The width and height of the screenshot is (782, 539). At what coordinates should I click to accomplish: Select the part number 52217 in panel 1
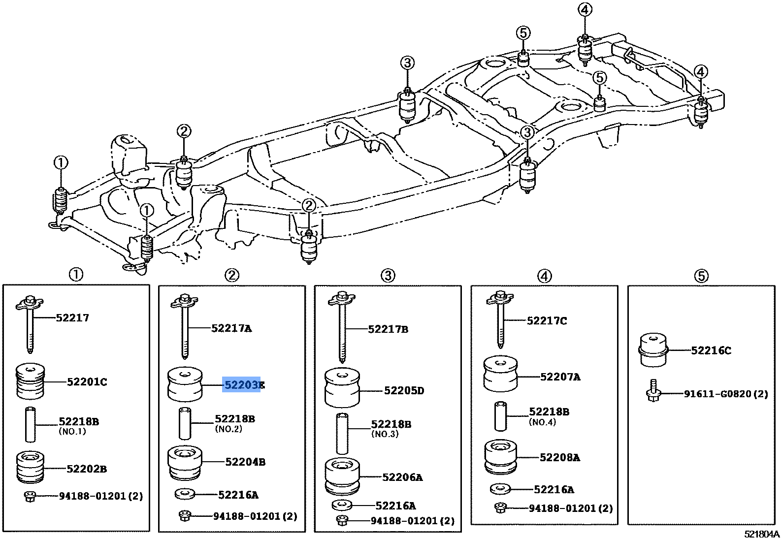point(72,318)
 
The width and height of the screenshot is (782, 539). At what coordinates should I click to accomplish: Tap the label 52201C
point(87,382)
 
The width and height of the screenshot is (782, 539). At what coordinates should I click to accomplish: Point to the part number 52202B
point(87,469)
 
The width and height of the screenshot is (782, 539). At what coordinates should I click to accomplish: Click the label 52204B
point(245,462)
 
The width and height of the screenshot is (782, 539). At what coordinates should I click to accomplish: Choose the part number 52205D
point(404,391)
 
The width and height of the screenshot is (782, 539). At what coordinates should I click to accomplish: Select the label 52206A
point(402,477)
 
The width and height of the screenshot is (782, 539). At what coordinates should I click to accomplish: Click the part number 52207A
point(560,378)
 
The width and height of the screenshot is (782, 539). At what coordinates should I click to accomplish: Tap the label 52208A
point(559,458)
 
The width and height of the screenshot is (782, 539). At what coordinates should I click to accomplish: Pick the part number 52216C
point(711,350)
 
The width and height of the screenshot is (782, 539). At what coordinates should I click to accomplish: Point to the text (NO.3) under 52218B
point(385,434)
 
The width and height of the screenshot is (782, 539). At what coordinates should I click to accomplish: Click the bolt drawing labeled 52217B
point(342,327)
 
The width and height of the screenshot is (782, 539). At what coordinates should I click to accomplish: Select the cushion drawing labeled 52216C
point(653,350)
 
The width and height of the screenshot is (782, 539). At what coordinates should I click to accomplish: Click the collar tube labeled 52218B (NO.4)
point(501,416)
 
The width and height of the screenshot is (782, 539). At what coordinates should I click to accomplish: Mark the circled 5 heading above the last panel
point(701,276)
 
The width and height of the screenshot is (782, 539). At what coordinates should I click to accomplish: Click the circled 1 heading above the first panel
point(75,274)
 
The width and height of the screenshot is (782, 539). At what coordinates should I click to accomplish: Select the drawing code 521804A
point(761,534)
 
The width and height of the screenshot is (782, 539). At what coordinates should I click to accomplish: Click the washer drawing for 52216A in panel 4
point(500,489)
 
